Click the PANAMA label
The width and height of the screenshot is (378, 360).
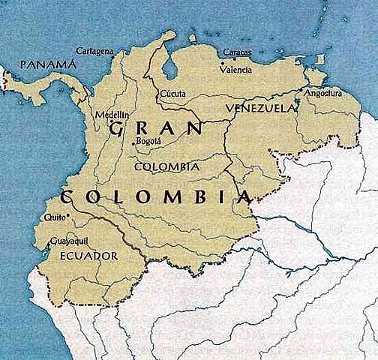[x=49, y=65]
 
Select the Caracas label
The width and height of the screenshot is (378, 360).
[x=236, y=53]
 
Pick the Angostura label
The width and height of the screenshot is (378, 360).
[x=323, y=94]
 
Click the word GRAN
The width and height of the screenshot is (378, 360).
[x=155, y=129]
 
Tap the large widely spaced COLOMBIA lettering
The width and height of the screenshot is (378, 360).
[x=154, y=198]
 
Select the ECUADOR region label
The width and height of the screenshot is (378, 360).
[x=88, y=256]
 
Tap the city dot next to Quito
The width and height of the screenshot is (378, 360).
[x=67, y=216]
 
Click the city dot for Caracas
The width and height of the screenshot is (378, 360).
[x=234, y=59]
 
